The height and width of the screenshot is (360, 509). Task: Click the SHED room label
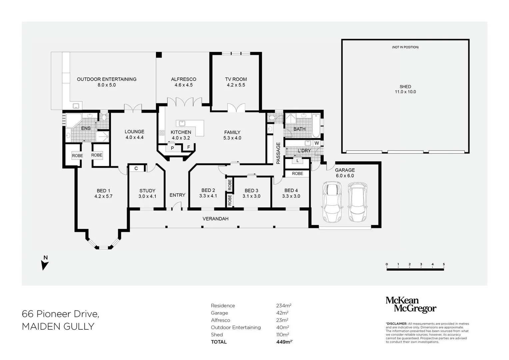tap(405, 87)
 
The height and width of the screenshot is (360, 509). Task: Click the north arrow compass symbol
tap(45, 263)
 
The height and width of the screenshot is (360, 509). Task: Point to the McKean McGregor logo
tap(411, 305)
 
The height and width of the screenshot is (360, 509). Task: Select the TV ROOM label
tap(236, 79)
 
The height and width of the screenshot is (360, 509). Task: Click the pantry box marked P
tap(172, 148)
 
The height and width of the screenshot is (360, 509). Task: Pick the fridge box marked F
tap(188, 147)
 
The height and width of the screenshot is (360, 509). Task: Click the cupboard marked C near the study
tap(136, 169)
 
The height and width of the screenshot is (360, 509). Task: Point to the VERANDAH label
tap(215, 219)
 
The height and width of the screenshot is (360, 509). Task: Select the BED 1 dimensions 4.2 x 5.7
tap(103, 196)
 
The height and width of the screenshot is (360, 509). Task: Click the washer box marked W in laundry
tap(317, 143)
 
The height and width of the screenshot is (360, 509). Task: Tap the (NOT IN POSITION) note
tap(405, 47)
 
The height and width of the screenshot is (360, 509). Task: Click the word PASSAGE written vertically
tap(278, 153)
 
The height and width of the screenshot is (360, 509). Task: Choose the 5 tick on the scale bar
tap(444, 265)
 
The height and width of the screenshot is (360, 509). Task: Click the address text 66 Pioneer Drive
tap(60, 314)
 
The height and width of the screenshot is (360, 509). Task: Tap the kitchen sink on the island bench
tap(182, 124)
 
